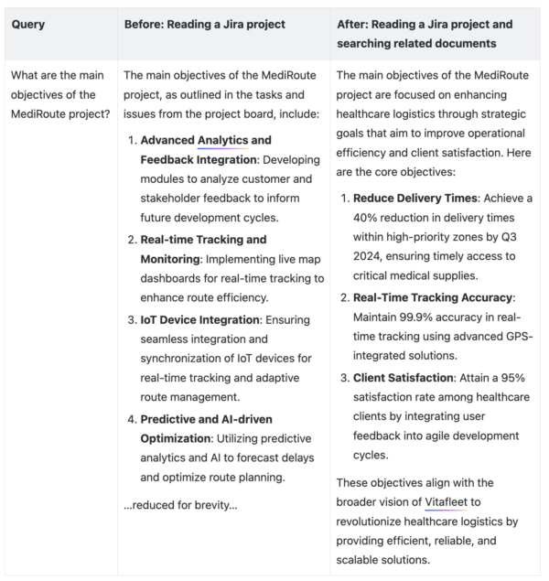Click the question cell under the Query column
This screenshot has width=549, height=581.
pos(59,94)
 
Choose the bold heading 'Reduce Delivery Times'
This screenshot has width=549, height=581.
pos(414,198)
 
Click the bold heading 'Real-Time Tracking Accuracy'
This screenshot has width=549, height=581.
pos(434,297)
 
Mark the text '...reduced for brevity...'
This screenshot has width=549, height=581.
pos(180,505)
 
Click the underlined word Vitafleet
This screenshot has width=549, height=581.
pos(447,501)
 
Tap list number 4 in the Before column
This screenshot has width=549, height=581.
pos(132,418)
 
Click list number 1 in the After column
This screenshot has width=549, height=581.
pos(345,198)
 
